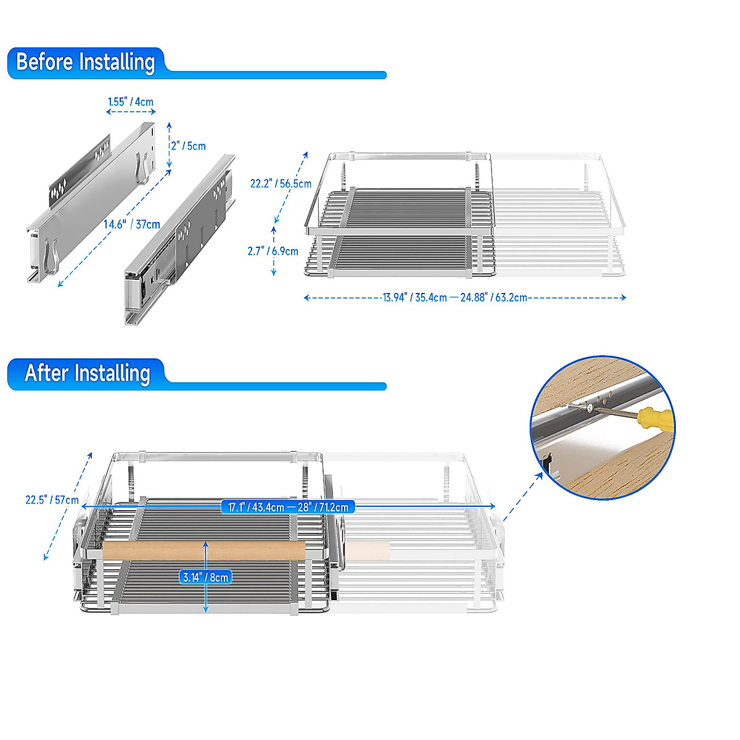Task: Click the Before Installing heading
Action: [85, 62]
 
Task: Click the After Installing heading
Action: [87, 374]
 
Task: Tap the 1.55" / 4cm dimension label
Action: [131, 102]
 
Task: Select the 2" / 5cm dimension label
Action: [189, 146]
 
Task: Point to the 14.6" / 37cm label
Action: [131, 224]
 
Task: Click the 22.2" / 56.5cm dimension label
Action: [281, 184]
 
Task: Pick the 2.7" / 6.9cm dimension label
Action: [273, 251]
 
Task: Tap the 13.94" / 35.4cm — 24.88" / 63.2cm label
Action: [454, 298]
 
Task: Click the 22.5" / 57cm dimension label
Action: [52, 499]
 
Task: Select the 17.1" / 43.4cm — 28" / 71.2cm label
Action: [288, 507]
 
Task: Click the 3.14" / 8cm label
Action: [206, 577]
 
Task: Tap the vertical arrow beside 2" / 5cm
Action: [170, 145]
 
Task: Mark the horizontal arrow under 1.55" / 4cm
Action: [131, 112]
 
